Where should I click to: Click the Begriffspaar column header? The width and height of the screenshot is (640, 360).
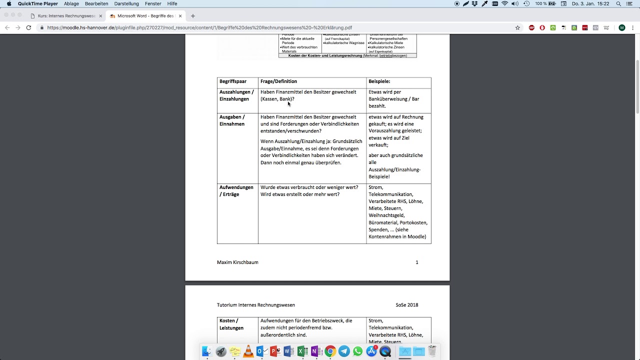point(233,81)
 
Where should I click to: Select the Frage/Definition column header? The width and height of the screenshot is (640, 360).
point(278,81)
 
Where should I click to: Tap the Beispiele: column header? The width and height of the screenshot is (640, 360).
point(379,81)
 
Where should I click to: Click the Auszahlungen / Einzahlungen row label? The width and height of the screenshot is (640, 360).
point(236,95)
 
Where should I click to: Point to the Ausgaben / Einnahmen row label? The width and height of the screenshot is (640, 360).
point(232,120)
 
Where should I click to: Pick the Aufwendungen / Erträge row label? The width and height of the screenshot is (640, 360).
point(236,191)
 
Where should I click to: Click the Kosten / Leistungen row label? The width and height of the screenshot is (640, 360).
point(231,324)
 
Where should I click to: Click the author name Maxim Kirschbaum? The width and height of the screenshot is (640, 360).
point(237,262)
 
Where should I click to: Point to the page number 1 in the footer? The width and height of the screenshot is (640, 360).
point(417,262)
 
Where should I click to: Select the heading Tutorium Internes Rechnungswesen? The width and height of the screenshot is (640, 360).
point(256,305)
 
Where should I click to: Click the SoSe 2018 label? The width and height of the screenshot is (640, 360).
point(406,305)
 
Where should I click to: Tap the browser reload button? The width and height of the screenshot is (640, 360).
point(28,27)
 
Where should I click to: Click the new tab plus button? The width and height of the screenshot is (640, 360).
point(193,16)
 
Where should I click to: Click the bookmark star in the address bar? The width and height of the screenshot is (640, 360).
point(517,27)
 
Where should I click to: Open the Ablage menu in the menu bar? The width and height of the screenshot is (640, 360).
point(71,3)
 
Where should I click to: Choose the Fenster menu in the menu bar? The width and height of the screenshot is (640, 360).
point(153,3)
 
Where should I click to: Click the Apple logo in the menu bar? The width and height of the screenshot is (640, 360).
point(9,3)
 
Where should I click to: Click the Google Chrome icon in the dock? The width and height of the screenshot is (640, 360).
point(330,351)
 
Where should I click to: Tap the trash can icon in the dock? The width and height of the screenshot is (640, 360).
point(432,351)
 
